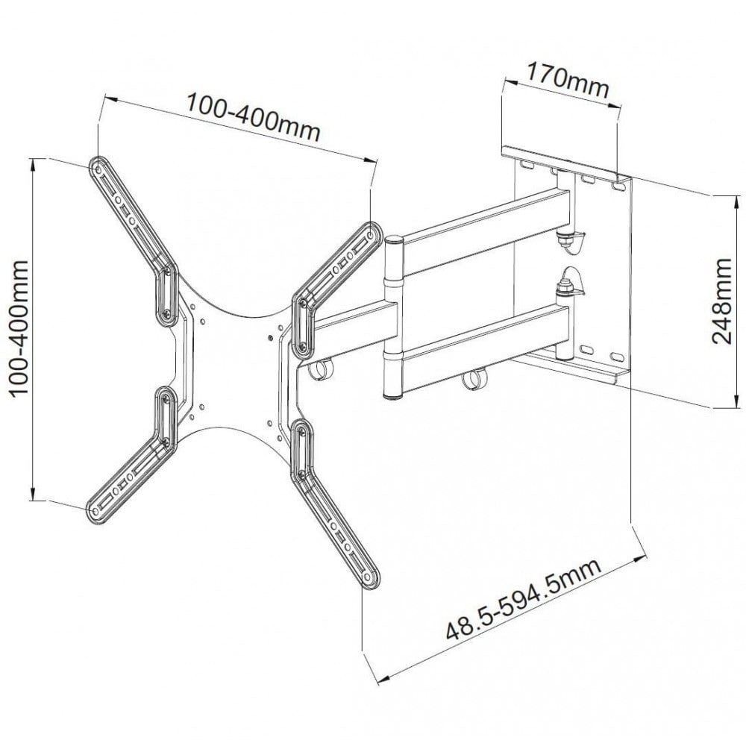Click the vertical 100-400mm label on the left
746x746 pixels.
click(x=16, y=328)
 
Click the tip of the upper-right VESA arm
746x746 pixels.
click(x=370, y=231)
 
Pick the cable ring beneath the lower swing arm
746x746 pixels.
click(x=470, y=380)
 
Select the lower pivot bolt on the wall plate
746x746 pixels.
click(x=565, y=287)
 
